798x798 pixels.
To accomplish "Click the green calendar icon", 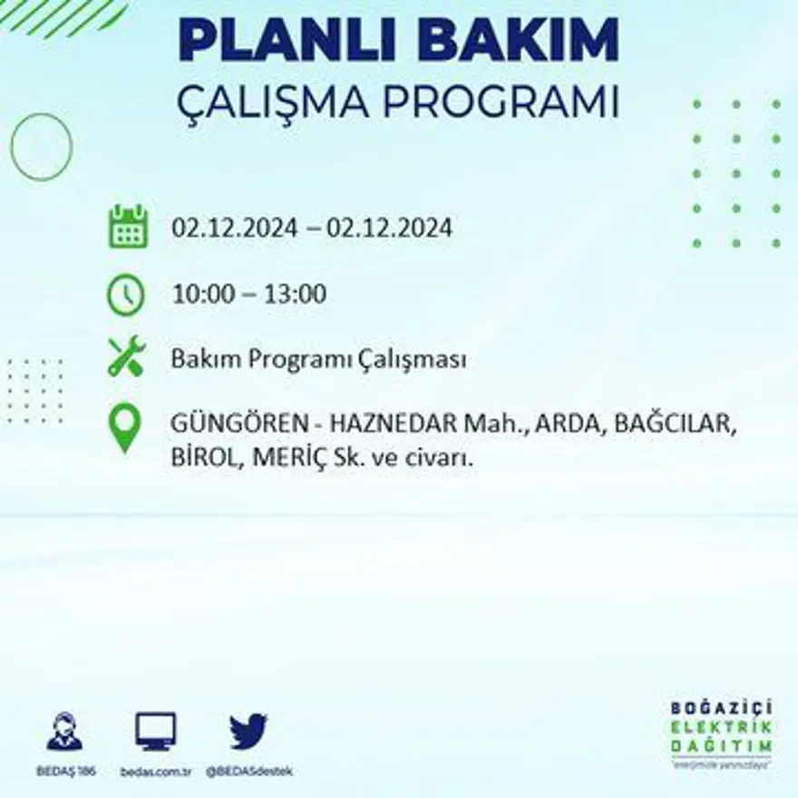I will (x=128, y=227).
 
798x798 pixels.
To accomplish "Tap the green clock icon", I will (x=126, y=295).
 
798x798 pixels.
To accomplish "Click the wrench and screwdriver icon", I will (x=126, y=356).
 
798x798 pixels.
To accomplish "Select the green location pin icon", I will (x=125, y=429).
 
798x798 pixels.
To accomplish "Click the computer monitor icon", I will (x=156, y=731).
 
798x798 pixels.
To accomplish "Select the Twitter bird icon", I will (x=248, y=731).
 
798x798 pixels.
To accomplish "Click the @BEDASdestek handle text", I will (x=249, y=771).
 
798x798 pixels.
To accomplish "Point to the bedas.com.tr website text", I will (x=156, y=771).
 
